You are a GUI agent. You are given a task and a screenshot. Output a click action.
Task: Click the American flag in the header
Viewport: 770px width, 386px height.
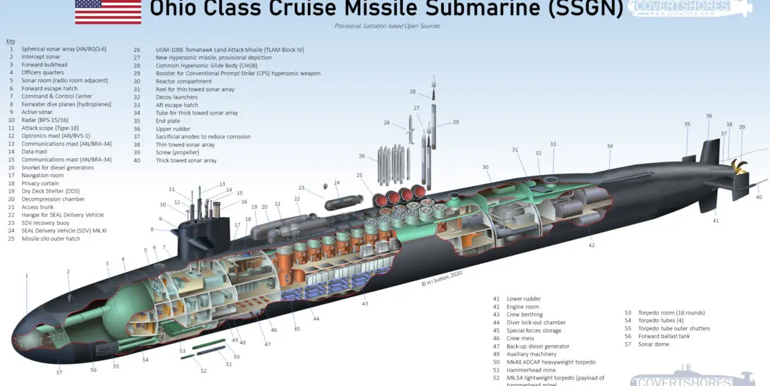[108, 12]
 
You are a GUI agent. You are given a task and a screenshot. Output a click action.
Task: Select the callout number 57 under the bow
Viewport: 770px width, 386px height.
[60, 374]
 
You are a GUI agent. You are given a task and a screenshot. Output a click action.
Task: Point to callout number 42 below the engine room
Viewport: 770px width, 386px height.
[592, 245]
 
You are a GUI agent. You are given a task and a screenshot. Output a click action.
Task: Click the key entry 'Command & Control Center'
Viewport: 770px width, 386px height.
[57, 96]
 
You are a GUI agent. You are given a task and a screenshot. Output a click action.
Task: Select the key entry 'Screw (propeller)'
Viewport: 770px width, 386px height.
[178, 152]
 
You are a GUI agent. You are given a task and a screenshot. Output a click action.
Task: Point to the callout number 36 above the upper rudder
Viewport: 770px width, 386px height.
[709, 116]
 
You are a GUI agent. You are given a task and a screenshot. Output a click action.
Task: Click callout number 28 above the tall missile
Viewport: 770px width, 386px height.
[412, 92]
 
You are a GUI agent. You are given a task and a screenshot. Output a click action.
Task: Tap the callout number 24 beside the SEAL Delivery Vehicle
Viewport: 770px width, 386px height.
[336, 183]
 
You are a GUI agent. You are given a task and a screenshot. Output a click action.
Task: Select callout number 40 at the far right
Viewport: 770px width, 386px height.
[759, 197]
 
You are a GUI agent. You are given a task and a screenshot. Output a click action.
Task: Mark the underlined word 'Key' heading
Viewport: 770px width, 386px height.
[10, 41]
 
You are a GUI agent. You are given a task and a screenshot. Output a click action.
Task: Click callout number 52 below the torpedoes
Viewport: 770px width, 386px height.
[204, 371]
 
